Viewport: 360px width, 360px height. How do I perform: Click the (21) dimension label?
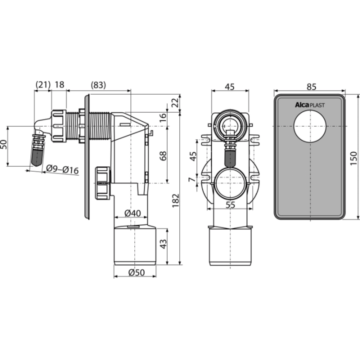[43, 84]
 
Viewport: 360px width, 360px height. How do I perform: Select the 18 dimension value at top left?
[59, 84]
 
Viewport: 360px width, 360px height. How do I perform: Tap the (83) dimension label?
[98, 85]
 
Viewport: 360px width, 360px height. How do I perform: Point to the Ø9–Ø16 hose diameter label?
[62, 169]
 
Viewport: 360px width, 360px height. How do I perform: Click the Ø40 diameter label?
[132, 213]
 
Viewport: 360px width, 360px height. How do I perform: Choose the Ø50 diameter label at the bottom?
[136, 272]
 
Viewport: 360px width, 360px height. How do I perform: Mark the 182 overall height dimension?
[175, 200]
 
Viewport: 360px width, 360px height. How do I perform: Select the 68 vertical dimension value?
[163, 156]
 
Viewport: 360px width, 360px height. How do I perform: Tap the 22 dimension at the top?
[175, 102]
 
